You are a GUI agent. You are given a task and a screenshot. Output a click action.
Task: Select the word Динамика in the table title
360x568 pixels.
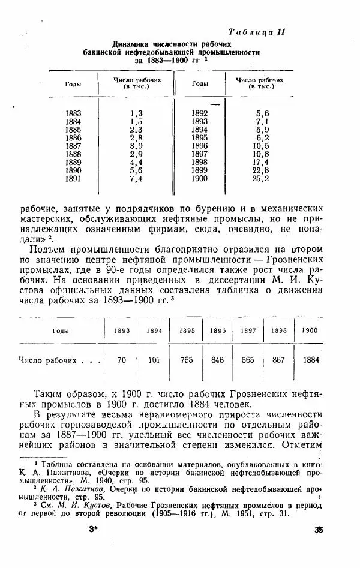[x=130, y=44]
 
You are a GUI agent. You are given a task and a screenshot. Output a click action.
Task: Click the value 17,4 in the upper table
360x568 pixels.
[x=262, y=162]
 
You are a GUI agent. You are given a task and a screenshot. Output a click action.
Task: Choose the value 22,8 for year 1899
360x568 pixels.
[x=262, y=170]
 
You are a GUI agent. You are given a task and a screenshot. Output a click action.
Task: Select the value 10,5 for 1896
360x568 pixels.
[x=262, y=146]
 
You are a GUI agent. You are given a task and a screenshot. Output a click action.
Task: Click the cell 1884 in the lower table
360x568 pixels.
[x=310, y=360]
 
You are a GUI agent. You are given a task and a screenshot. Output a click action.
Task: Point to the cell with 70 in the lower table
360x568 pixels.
[x=122, y=360]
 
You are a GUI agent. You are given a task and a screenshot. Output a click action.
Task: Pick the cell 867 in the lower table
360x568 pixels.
[x=278, y=360]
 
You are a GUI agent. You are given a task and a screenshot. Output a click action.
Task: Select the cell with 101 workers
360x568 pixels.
[x=154, y=360]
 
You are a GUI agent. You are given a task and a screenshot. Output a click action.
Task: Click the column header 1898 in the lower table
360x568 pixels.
[x=278, y=330]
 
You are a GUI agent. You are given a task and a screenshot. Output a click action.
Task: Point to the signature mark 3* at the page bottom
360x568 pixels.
[x=92, y=546]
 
